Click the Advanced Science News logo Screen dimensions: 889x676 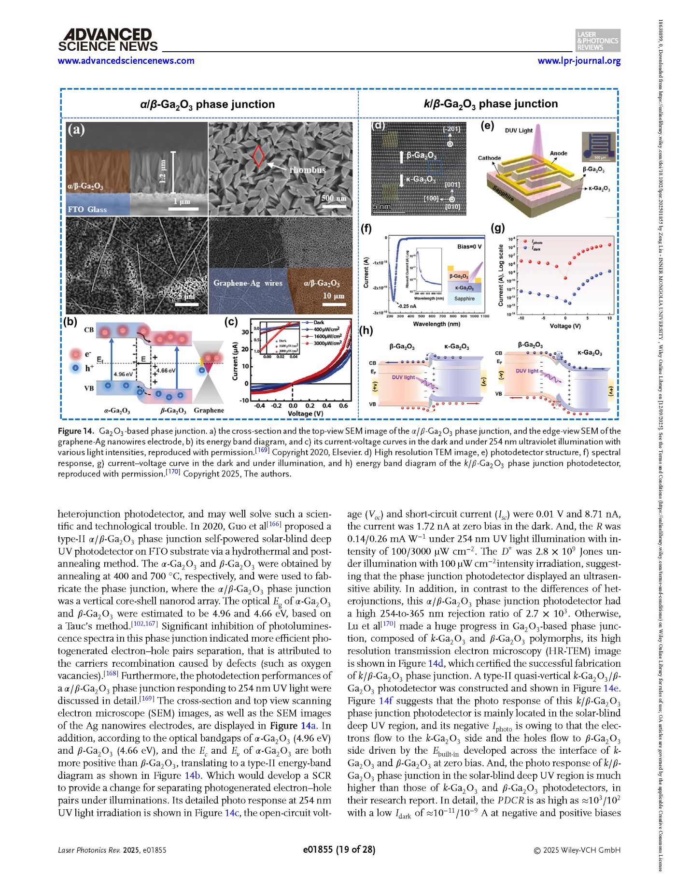pyautogui.click(x=107, y=40)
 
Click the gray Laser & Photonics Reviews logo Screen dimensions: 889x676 pyautogui.click(x=598, y=41)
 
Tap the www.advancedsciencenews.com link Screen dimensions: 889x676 pyautogui.click(x=126, y=61)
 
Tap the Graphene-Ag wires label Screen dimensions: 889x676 pyautogui.click(x=248, y=283)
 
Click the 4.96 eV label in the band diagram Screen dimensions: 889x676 pyautogui.click(x=123, y=374)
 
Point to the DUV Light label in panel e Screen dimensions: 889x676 pyautogui.click(x=519, y=130)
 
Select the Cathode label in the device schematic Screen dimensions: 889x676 pyautogui.click(x=489, y=158)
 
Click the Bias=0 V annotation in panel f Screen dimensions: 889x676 pyautogui.click(x=469, y=247)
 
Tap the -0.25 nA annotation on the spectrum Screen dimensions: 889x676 pyautogui.click(x=407, y=306)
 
